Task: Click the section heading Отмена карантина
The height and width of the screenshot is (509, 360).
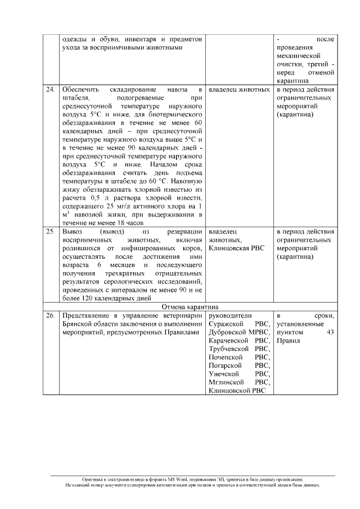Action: click(190, 307)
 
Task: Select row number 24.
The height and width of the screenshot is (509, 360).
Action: click(51, 89)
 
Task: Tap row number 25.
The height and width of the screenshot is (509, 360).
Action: click(51, 232)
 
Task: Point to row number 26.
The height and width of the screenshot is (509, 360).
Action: click(51, 316)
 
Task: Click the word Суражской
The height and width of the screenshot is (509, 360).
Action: click(226, 325)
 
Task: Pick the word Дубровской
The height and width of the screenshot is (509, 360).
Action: click(228, 332)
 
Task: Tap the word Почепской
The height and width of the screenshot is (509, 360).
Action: click(226, 357)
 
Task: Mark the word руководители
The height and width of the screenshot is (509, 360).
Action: click(231, 316)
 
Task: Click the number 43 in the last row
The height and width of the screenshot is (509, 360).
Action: click(330, 332)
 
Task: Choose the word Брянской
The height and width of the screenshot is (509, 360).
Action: click(78, 325)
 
